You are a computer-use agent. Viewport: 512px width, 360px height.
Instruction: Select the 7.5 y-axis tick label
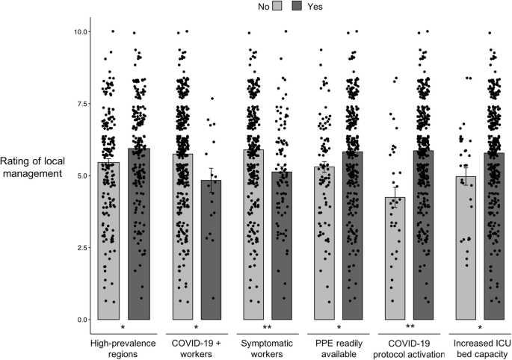[x=79, y=104]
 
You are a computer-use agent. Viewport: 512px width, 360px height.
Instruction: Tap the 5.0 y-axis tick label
[x=79, y=176]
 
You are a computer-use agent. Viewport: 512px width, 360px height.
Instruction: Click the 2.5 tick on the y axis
[x=79, y=248]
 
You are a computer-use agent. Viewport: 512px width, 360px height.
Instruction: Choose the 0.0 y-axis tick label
[x=79, y=320]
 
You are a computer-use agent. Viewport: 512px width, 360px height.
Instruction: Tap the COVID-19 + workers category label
[x=196, y=347]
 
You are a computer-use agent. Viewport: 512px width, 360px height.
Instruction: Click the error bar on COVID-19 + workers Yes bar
[x=211, y=179]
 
